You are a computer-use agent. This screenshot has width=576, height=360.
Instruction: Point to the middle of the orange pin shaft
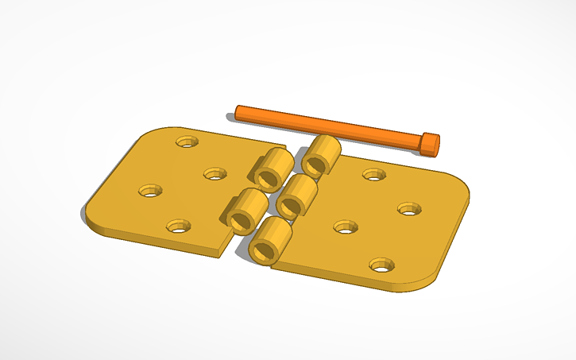tap(334, 128)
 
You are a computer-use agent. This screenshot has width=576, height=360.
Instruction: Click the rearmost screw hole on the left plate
tap(187, 141)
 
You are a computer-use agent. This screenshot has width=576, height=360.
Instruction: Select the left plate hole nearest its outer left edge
tap(149, 191)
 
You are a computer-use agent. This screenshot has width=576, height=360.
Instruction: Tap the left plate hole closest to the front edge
tap(179, 226)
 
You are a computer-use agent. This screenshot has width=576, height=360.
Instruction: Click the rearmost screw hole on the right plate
tap(373, 174)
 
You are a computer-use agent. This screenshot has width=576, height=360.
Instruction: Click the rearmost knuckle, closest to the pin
tap(321, 154)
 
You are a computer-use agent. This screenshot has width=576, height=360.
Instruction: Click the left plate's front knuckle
tap(245, 211)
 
